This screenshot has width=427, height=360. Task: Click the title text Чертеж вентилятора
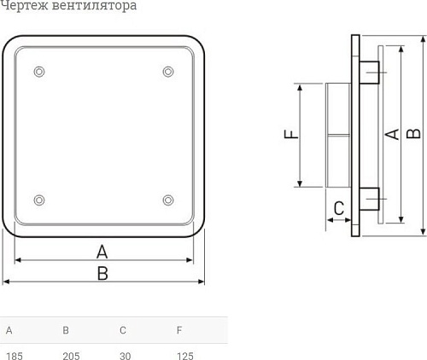coord(68,7)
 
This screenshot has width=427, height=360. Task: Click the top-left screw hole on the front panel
coord(38,71)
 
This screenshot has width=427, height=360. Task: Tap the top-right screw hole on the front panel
coord(167,71)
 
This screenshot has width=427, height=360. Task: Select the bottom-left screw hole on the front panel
coord(38,200)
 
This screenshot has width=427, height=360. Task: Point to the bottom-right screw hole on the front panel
coord(167,200)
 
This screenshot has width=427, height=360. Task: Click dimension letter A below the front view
coord(102,251)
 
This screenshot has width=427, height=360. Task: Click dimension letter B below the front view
coord(102,273)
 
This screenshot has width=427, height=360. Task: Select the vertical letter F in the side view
coord(290,135)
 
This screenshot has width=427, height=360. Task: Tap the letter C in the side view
coord(338,207)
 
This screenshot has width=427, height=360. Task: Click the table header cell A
coord(9,330)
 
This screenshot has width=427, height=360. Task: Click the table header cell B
coord(66,330)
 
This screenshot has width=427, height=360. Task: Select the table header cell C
coord(123,330)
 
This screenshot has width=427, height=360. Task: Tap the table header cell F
coord(179,330)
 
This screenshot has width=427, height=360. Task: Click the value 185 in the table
coord(14,354)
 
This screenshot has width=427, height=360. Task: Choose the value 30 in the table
coord(126,354)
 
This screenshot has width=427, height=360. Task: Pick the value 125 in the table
coord(185,354)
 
